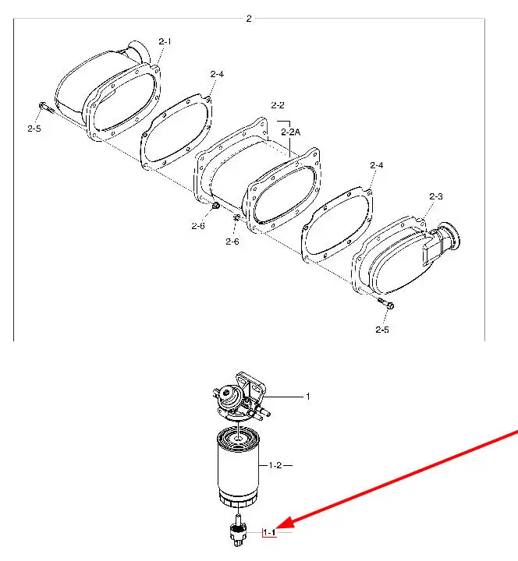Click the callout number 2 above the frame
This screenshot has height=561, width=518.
[x=249, y=19]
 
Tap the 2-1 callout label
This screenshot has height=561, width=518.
[x=165, y=41]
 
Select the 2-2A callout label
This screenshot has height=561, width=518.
[x=290, y=132]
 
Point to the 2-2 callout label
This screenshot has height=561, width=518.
[x=278, y=105]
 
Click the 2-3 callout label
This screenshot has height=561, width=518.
[x=436, y=196]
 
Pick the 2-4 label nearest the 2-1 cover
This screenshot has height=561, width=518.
[x=217, y=74]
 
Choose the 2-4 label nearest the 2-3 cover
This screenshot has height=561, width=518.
[x=377, y=165]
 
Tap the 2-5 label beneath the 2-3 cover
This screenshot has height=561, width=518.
[x=382, y=330]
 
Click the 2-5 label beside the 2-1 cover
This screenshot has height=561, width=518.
[x=34, y=129]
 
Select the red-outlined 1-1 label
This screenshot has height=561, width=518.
[x=269, y=533]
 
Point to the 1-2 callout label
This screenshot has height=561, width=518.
[x=275, y=465]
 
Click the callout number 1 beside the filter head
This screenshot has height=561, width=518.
[x=307, y=397]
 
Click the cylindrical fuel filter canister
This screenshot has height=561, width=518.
[x=238, y=467]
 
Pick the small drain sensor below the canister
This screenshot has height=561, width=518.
[x=238, y=531]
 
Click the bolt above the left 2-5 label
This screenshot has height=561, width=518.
[x=46, y=107]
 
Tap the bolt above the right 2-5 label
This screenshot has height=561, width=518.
[x=386, y=303]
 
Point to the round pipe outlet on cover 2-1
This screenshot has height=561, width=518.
[x=139, y=52]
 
